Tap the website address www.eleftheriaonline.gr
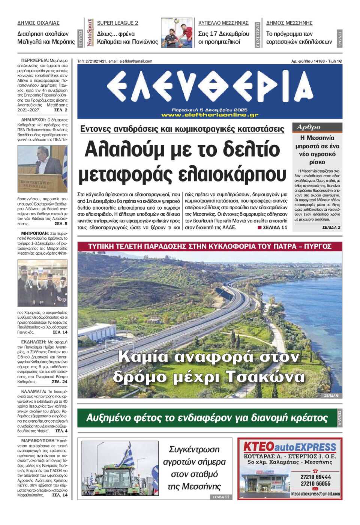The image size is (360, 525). (210, 115)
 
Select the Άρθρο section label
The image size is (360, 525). (309, 127)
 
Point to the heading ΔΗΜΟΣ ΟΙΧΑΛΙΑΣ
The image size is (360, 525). (38, 23)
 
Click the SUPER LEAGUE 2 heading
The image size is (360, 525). (117, 23)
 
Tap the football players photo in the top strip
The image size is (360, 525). (177, 33)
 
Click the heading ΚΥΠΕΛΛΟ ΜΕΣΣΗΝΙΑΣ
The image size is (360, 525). (223, 23)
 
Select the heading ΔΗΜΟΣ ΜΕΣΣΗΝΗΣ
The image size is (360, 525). (289, 23)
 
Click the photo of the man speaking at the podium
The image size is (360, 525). (42, 168)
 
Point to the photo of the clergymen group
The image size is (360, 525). (42, 283)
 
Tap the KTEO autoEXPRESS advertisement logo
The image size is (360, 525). (289, 447)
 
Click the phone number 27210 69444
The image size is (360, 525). (315, 477)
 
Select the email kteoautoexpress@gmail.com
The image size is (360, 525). (315, 494)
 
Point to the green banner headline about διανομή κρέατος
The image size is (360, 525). (207, 418)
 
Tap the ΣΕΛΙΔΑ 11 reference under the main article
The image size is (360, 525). (274, 227)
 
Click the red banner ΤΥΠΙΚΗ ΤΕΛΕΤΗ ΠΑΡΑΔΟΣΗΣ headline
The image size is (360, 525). (210, 246)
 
